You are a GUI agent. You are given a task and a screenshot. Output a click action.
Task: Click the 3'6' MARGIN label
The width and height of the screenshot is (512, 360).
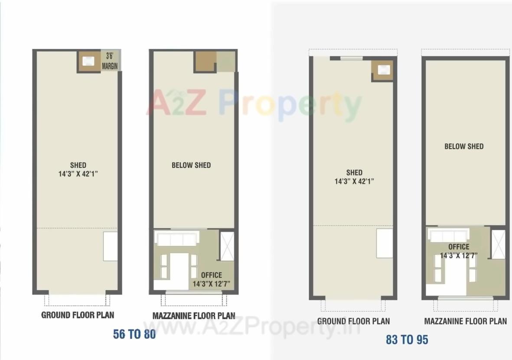tap(110, 61)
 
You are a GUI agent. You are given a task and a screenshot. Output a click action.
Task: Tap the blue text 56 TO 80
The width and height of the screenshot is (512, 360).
tap(134, 334)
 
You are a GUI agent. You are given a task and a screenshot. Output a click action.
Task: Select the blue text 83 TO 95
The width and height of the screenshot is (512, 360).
tap(407, 340)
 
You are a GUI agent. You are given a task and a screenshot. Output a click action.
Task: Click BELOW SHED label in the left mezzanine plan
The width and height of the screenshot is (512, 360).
tap(191, 165)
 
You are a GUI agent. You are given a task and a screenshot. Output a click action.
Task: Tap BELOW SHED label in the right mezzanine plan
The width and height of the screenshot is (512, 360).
tap(463, 146)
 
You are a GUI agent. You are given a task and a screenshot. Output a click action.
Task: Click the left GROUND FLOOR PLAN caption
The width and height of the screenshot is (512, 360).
tap(78, 315)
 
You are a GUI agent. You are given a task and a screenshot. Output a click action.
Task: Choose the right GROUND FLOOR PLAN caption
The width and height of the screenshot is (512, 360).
tap(353, 321)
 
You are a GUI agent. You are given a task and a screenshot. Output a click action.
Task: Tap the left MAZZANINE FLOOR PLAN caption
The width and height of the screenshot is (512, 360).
tap(194, 316)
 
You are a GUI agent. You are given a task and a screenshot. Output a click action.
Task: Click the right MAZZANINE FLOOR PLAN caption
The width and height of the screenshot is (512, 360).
tap(465, 321)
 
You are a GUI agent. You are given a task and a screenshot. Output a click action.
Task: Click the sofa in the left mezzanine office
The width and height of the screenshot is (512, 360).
tap(176, 239)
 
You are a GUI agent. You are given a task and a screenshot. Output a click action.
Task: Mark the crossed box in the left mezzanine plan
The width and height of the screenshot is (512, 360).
tap(227, 246)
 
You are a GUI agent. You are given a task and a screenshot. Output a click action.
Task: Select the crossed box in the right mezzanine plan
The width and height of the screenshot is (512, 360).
tap(499, 244)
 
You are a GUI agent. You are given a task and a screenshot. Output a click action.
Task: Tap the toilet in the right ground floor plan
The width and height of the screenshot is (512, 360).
tap(382, 70)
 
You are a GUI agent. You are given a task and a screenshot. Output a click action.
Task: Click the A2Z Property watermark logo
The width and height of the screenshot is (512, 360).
tap(254, 105)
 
